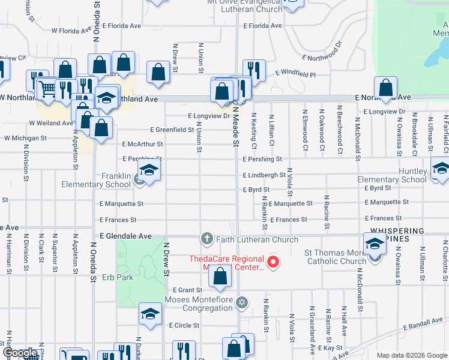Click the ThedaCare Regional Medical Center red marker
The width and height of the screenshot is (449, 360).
[273, 262]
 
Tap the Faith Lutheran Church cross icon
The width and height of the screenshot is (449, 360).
[207, 239]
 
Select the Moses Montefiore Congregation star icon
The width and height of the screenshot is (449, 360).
[242, 302]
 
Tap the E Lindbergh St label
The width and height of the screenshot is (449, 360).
[264, 175]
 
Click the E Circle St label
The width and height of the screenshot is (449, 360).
[184, 325]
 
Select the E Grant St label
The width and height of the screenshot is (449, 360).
[187, 290]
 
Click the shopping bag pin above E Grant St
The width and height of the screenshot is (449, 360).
[220, 276]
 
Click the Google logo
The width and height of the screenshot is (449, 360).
[20, 353]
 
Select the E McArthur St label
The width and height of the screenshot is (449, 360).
[142, 144]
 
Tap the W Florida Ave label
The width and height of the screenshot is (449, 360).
[71, 30]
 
